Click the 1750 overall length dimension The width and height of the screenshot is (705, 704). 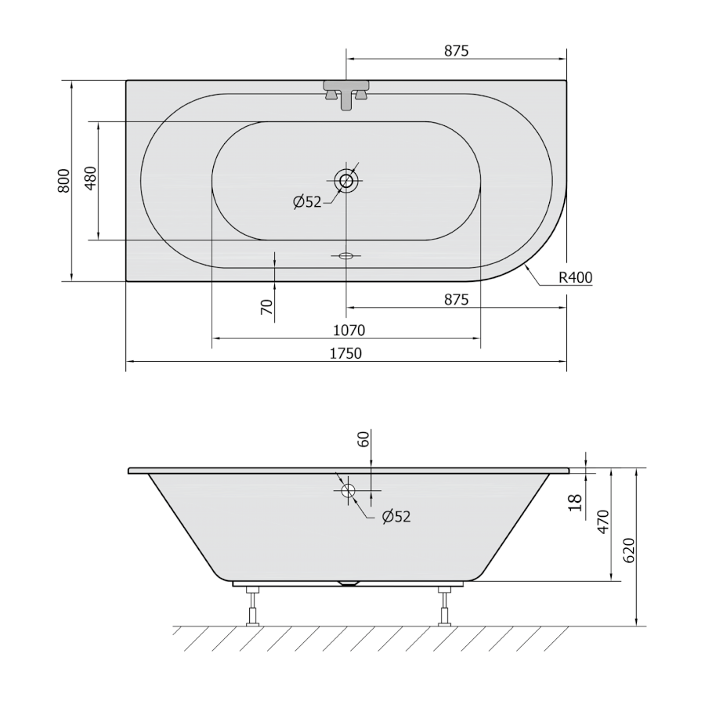click(345, 353)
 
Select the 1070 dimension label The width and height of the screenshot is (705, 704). click(349, 330)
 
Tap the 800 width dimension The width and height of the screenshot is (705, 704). click(64, 181)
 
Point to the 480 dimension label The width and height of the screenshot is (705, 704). click(90, 178)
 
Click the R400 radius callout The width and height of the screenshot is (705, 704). click(576, 278)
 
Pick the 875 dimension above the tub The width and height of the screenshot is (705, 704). click(457, 51)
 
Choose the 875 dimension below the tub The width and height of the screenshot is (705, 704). click(457, 299)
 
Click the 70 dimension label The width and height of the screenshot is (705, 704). click(266, 307)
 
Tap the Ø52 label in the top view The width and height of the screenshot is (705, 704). click(308, 202)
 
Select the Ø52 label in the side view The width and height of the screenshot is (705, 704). click(396, 517)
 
